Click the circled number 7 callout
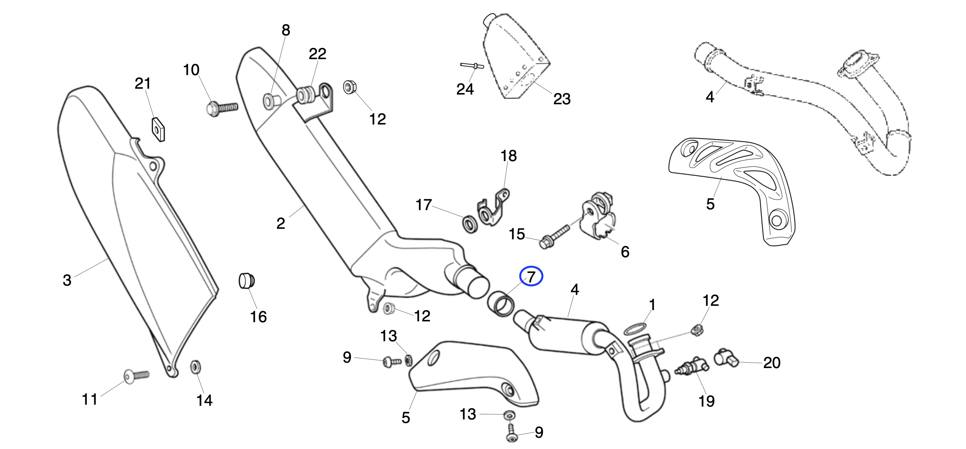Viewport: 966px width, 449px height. coord(531,277)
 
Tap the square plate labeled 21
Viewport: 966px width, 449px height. coord(158,128)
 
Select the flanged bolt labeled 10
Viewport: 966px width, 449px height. coord(221,107)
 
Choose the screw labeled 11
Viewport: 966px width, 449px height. coord(136,375)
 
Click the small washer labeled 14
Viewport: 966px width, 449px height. coord(196,367)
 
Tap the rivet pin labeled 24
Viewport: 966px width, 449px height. coord(472,66)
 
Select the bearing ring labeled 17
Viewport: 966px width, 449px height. coord(470,224)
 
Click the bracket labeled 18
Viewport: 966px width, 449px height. coord(493,208)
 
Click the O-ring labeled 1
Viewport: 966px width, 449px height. coord(634,329)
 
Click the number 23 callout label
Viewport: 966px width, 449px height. coord(562,99)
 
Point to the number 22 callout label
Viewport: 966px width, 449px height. coord(317,54)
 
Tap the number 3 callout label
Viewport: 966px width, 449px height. coord(67,280)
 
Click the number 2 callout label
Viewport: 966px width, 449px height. coord(280,223)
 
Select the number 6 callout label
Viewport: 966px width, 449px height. coord(625,252)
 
